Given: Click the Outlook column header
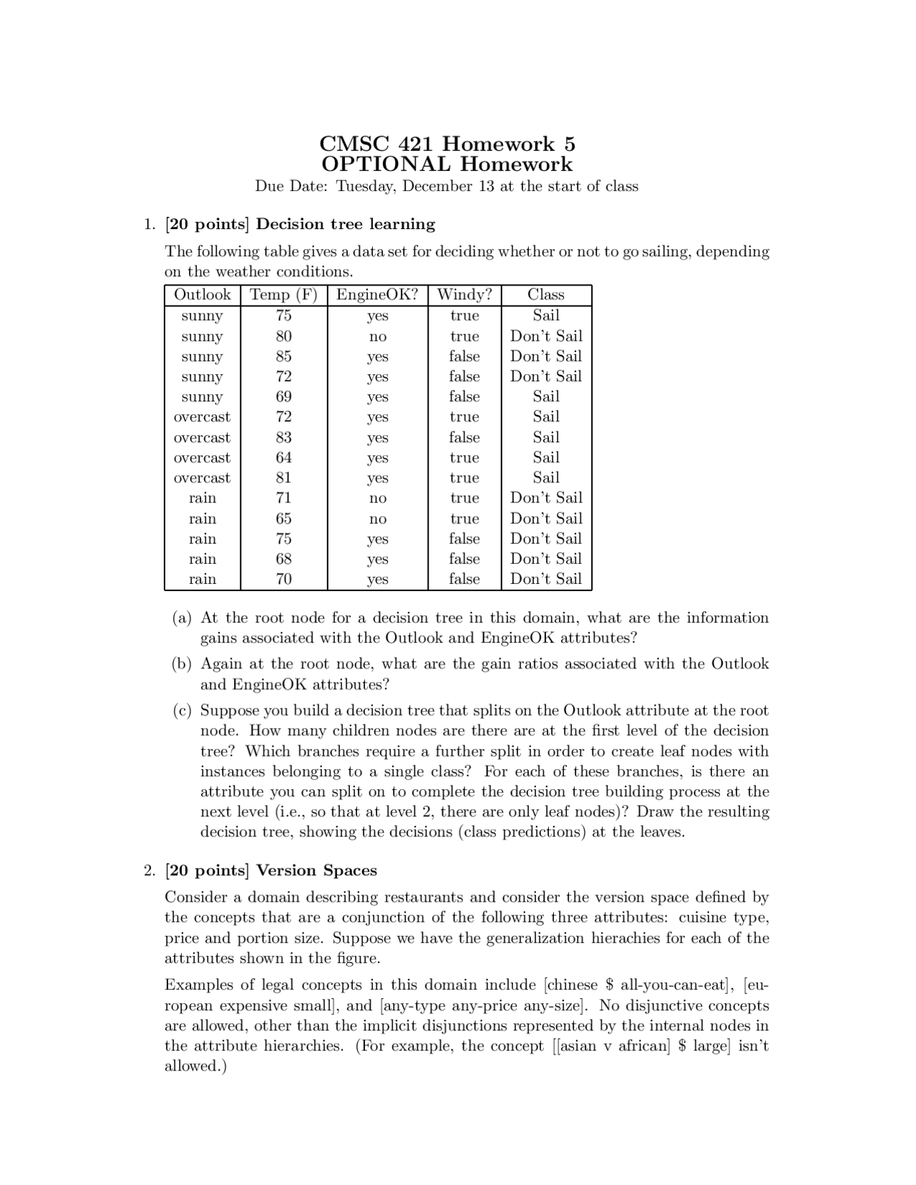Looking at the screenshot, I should point(202,295).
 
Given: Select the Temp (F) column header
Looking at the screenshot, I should point(283,295).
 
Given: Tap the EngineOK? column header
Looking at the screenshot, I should point(377,295).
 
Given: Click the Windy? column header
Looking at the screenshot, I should point(464,295).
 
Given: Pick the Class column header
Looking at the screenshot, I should point(546,295).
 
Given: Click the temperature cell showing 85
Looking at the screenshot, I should point(283,356).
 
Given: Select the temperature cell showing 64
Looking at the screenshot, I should point(283,457).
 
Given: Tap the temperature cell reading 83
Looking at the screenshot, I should point(283,437).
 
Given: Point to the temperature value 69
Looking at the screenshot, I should point(283,396).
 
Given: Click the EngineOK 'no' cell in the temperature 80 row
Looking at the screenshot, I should point(377,336).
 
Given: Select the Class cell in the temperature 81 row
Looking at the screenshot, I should point(546,477).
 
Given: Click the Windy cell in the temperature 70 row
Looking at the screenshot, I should point(464,579).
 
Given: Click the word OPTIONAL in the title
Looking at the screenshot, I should point(386,165).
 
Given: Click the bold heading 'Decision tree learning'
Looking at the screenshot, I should point(346,224).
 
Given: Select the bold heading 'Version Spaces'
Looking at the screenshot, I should point(316,870).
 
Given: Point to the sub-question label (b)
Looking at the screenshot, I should point(182,664).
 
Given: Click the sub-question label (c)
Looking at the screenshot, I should point(182,711).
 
